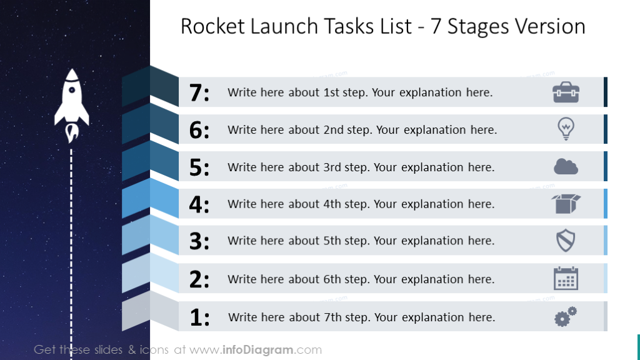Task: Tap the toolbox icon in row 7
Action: click(566, 92)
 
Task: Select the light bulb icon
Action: click(566, 129)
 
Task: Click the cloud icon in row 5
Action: click(566, 167)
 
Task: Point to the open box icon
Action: click(566, 204)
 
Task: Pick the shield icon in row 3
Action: click(566, 241)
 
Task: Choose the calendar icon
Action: click(566, 278)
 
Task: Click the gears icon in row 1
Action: click(566, 317)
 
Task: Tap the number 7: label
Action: click(199, 93)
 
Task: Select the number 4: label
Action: click(199, 204)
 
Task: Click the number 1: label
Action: click(199, 317)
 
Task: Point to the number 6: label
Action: click(199, 130)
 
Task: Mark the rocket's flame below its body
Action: click(72, 132)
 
